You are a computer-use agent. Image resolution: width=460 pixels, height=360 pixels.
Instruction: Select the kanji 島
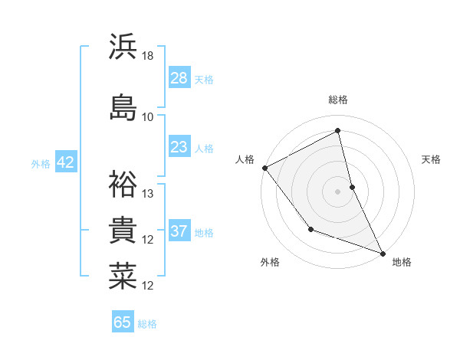[123, 106]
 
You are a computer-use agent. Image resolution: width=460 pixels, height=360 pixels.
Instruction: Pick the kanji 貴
[123, 230]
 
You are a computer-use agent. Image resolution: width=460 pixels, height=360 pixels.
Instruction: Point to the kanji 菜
[123, 276]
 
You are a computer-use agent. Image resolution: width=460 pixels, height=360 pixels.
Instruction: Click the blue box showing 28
[179, 78]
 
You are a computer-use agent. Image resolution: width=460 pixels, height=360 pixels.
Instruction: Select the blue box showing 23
[179, 147]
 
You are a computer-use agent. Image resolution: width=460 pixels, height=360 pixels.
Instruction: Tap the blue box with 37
[179, 231]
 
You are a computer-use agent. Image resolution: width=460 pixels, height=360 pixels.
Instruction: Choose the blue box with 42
[65, 162]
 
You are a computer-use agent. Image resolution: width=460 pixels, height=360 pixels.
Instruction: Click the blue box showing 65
[123, 322]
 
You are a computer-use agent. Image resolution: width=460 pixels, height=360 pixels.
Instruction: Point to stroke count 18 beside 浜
[148, 56]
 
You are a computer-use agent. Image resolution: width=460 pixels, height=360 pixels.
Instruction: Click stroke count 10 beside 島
[148, 116]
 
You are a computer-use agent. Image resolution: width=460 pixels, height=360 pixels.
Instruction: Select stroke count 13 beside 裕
[148, 193]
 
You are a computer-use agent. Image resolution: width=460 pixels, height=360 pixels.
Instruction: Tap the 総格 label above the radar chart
[338, 100]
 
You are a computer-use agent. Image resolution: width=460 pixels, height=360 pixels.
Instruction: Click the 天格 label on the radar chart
[432, 159]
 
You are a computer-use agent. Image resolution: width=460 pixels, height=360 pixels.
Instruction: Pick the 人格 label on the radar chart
[245, 159]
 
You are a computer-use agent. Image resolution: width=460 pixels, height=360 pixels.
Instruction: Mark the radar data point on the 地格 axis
[383, 252]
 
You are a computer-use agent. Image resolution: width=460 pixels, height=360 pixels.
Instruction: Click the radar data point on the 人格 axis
[264, 167]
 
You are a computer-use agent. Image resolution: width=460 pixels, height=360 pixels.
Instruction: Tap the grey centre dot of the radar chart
[338, 191]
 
